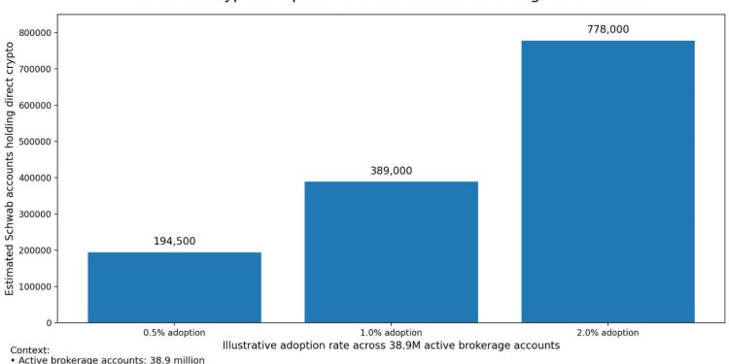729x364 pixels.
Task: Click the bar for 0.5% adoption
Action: [x=174, y=287]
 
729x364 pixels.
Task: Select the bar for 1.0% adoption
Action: [x=391, y=251]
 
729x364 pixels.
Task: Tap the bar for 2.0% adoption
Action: [x=607, y=181]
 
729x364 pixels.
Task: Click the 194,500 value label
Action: [x=174, y=241]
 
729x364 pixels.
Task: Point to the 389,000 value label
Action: [x=391, y=171]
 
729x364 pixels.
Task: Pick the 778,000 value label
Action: [x=607, y=29]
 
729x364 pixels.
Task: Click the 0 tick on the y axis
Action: [x=49, y=322]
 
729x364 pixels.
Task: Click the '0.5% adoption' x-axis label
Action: [x=174, y=333]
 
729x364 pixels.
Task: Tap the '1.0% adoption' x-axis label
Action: [x=391, y=333]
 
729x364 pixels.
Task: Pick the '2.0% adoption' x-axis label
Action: [x=607, y=333]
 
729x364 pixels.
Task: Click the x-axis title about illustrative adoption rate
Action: [x=391, y=346]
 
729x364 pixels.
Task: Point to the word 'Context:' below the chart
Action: [x=29, y=350]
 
